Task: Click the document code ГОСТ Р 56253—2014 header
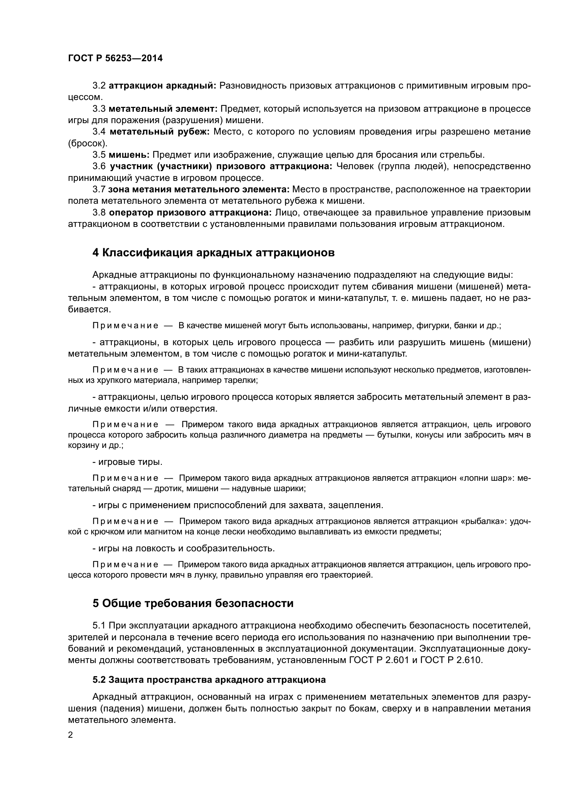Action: click(x=115, y=58)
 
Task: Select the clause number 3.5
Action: click(x=99, y=155)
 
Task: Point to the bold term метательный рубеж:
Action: click(x=159, y=132)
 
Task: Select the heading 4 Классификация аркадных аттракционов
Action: click(x=213, y=252)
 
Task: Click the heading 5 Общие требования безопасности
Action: click(x=193, y=603)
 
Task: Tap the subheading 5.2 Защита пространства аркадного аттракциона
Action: click(x=209, y=680)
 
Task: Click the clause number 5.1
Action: click(x=99, y=625)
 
